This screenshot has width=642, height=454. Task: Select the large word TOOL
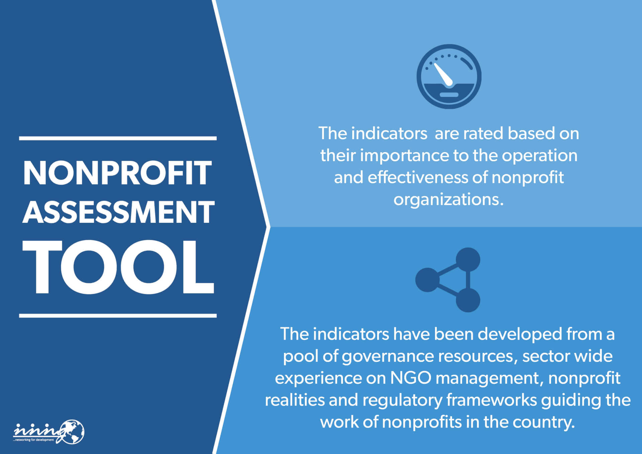point(118,267)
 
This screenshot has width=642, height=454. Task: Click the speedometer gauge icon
point(449,76)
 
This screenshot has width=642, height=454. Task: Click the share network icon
point(448,280)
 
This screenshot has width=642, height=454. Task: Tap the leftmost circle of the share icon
point(427,280)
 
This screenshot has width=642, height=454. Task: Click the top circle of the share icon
point(468,260)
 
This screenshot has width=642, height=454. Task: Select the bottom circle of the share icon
point(468,300)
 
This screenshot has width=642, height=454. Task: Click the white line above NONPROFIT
point(118,138)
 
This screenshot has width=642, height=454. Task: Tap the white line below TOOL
point(118,315)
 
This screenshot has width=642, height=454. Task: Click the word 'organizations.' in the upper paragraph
point(448,200)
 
